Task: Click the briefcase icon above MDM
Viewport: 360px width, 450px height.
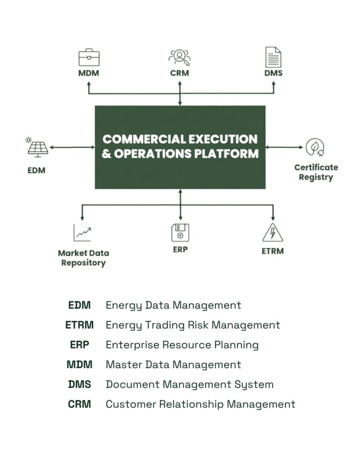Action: pos(89,58)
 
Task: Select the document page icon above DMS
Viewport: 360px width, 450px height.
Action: pos(273,58)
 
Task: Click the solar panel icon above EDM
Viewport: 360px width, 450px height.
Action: pos(37,147)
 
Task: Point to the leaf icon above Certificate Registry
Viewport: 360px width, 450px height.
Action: pos(315,148)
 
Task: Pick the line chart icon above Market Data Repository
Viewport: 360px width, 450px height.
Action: pos(82,232)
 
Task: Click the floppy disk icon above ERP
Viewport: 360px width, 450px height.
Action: pos(180,232)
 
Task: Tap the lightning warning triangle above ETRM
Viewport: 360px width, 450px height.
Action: pos(273,232)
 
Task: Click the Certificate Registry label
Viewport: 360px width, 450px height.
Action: pos(316,172)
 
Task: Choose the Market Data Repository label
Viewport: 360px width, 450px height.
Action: pos(84,258)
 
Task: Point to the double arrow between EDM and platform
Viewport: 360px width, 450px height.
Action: pos(72,148)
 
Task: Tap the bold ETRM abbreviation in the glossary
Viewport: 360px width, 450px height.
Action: pos(79,325)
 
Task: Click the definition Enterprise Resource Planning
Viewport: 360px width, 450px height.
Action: pos(182,345)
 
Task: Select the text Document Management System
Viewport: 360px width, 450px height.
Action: pos(189,385)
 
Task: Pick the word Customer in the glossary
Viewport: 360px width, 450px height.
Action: pos(127,404)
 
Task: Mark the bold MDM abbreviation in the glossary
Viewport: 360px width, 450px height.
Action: pos(79,365)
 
